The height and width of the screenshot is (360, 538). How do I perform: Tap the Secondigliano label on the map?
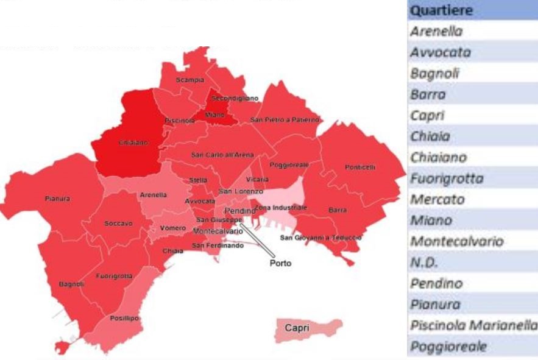click(235, 98)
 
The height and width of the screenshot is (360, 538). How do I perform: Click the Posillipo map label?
click(124, 318)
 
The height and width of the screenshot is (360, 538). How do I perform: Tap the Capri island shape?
click(308, 328)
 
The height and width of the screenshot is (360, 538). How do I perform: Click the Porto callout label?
click(281, 264)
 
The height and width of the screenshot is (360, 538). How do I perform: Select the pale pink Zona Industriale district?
click(281, 201)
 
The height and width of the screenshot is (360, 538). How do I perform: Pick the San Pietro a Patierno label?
click(285, 120)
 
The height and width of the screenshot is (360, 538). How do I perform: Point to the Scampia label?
click(190, 80)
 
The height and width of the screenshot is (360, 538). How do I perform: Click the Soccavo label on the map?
click(118, 224)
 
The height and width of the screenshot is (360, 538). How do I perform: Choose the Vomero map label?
click(169, 228)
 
